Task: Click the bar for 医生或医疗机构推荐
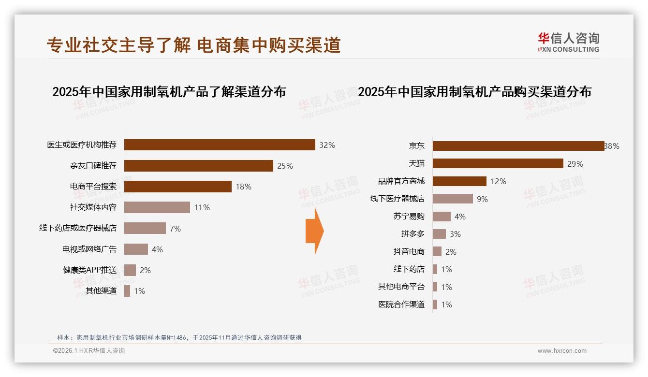pos(220,145)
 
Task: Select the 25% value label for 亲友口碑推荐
pos(285,166)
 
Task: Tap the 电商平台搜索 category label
pos(93,187)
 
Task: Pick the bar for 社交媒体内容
pos(157,207)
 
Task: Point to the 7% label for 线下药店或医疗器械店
pos(175,229)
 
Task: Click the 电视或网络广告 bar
pos(136,249)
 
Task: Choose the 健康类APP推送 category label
pos(89,270)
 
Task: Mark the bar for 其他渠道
pos(127,291)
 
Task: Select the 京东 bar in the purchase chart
pos(518,146)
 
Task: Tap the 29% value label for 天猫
pos(575,164)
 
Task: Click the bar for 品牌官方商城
pos(459,181)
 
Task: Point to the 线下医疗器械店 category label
pos(397,199)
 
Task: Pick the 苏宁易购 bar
pos(442,217)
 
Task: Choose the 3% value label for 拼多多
pos(455,234)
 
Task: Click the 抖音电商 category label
pos(409,252)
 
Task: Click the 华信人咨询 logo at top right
pos(568,43)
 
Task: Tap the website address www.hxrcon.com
pos(561,351)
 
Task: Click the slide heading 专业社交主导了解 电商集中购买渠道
pos(193,45)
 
